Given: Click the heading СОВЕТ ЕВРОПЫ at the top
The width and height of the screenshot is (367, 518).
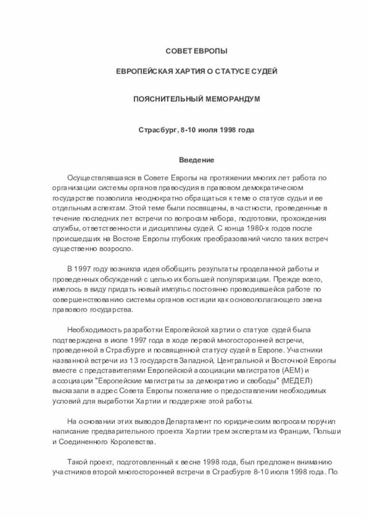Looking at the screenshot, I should (x=196, y=52).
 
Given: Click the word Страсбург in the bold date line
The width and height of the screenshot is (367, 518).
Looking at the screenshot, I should (x=157, y=131).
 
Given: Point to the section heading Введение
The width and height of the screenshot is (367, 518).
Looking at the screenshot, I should (x=196, y=161).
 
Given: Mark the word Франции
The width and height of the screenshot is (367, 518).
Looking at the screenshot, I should (x=284, y=433).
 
